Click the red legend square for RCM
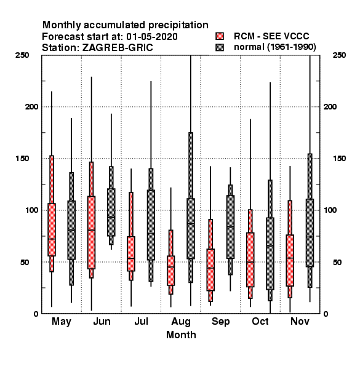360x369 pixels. [x=220, y=36]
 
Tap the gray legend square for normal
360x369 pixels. [x=220, y=47]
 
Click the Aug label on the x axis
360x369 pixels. [x=181, y=322]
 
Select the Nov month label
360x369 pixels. [x=300, y=321]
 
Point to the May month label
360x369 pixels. [x=61, y=322]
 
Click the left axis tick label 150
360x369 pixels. [x=22, y=159]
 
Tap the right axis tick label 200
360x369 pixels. [x=330, y=106]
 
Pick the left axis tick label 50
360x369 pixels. [x=25, y=262]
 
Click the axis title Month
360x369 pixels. [x=181, y=335]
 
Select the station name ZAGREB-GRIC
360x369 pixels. [x=118, y=47]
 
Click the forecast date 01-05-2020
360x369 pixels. [x=152, y=37]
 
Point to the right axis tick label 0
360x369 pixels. [x=326, y=314]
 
